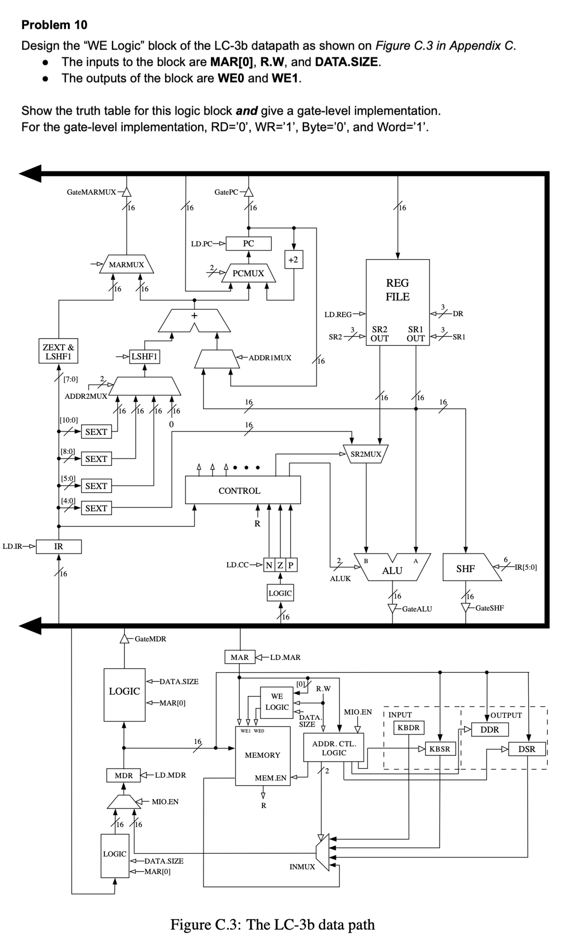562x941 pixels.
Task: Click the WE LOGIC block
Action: coord(277,702)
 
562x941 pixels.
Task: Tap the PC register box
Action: coord(249,243)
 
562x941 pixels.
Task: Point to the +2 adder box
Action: coord(293,260)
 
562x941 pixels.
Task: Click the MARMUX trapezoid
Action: coord(127,265)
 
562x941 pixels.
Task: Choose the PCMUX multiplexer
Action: coord(249,273)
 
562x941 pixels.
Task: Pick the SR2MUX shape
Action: coord(366,454)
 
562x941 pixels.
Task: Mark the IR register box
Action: coord(59,546)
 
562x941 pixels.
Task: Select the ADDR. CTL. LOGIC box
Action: coord(334,748)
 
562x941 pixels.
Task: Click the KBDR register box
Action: coord(409,727)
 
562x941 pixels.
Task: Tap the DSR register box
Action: coord(527,749)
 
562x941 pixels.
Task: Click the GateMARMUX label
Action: coord(91,192)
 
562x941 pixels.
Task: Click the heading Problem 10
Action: coord(54,25)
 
